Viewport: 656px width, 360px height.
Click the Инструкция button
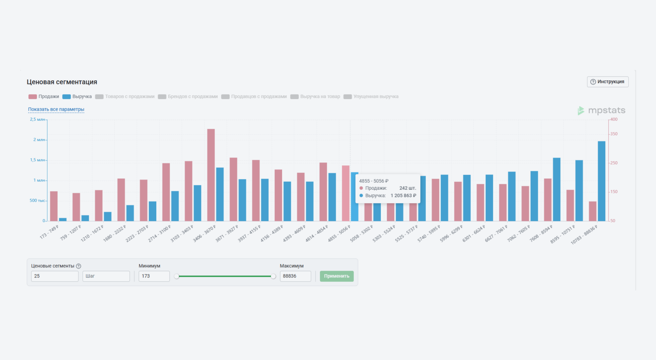pyautogui.click(x=607, y=82)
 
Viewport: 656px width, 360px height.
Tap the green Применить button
pyautogui.click(x=336, y=276)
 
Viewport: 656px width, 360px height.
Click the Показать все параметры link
pyautogui.click(x=56, y=109)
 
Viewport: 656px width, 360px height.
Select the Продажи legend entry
pyautogui.click(x=44, y=96)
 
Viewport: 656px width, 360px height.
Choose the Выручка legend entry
pyautogui.click(x=77, y=96)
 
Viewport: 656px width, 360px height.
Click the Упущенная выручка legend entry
pyautogui.click(x=371, y=96)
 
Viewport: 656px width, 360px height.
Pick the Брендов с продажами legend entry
pyautogui.click(x=188, y=96)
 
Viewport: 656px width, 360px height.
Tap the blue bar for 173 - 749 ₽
pyautogui.click(x=63, y=219)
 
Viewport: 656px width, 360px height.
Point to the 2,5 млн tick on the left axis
pyautogui.click(x=37, y=119)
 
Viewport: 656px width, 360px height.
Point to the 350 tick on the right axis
pyautogui.click(x=614, y=134)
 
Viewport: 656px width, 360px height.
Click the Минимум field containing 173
pyautogui.click(x=154, y=276)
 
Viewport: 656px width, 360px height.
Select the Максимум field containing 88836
pyautogui.click(x=295, y=276)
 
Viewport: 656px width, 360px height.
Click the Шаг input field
pyautogui.click(x=106, y=276)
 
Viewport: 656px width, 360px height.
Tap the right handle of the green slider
pyautogui.click(x=273, y=276)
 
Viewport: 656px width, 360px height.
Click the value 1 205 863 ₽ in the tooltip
pyautogui.click(x=403, y=195)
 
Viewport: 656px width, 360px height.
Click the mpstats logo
pyautogui.click(x=601, y=110)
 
